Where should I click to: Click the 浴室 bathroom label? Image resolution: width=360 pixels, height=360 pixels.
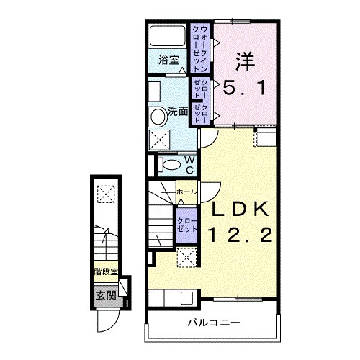pos(169,60)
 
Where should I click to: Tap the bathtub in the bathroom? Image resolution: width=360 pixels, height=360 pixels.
pos(168,35)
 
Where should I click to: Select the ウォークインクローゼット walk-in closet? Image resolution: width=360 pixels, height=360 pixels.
pos(200,48)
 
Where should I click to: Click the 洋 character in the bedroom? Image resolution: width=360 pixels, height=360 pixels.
pos(245,61)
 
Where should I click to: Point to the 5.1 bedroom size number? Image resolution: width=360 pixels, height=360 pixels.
pos(245,88)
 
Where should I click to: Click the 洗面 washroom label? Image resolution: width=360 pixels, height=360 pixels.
pos(178,112)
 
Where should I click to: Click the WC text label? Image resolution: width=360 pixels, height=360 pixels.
pos(189,165)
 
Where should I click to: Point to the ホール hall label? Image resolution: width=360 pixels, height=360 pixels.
pos(186,192)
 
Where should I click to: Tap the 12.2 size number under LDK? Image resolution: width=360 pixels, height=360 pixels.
pos(240,235)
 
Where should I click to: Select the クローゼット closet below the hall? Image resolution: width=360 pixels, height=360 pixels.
pos(186,225)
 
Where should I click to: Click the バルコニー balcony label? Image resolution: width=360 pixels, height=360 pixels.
pos(214,323)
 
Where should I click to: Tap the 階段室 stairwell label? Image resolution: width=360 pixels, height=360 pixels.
pos(106,272)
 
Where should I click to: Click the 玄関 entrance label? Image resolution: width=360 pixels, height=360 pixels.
pos(106,295)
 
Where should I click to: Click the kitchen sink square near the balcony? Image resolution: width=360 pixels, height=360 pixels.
pos(186,297)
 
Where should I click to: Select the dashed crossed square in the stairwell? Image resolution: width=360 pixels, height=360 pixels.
pos(106,194)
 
